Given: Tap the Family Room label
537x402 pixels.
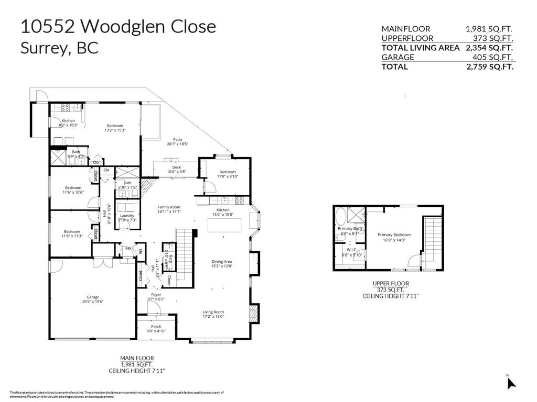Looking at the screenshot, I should click(169, 207).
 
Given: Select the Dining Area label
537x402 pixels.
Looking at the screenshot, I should click(221, 262).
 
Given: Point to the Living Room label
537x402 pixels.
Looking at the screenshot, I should click(213, 312).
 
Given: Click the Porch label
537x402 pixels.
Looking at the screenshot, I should click(156, 327).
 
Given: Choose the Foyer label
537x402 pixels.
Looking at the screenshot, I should click(156, 295).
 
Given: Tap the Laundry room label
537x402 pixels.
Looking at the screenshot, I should click(127, 216).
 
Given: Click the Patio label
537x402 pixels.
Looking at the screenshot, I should click(178, 140).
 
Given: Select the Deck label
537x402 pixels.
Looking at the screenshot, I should click(176, 167).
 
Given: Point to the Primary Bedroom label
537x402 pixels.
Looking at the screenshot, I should click(394, 235).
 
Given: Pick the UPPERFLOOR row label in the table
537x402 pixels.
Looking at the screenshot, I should click(407, 38).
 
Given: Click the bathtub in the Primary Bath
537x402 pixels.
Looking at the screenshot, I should click(341, 216).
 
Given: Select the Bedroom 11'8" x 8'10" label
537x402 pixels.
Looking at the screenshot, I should click(228, 172).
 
